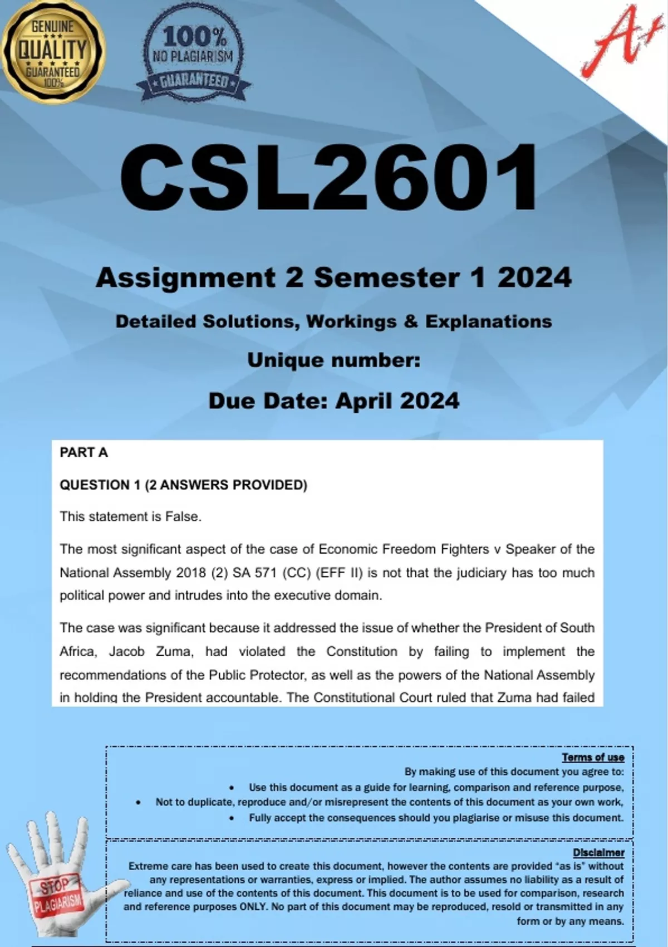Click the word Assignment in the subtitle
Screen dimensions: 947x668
point(185,277)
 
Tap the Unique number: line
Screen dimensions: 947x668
point(333,360)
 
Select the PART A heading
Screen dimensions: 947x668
point(83,452)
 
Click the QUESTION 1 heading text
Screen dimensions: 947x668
point(100,485)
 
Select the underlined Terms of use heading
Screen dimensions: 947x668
point(593,757)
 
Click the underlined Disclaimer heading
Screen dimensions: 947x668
point(598,852)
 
